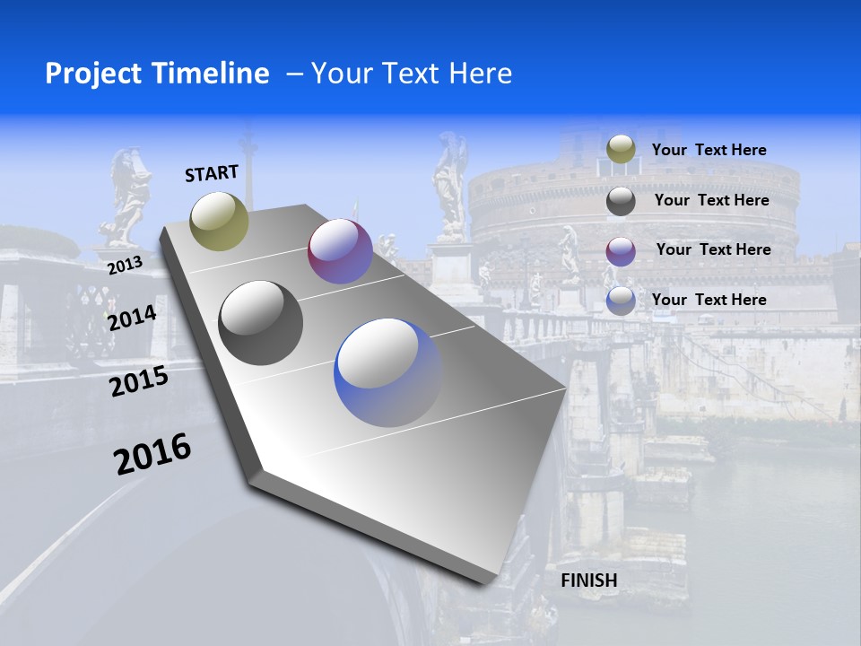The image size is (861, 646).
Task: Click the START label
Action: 212,172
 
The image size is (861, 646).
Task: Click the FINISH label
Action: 589,581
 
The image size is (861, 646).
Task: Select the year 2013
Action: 125,266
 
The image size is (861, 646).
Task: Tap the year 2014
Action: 132,318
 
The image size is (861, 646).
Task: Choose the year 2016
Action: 152,454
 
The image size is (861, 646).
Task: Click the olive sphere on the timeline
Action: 219,221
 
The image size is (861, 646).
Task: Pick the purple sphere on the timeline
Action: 340,251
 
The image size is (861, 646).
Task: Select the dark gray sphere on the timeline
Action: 261,323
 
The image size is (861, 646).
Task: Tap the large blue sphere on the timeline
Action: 387,372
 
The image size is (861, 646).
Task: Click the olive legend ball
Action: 621,150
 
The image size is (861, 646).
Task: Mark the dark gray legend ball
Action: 621,201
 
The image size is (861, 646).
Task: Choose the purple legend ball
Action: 621,251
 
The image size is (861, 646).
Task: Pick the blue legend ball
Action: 621,301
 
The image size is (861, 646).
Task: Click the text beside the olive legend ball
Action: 709,150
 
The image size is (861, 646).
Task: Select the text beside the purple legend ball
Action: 713,249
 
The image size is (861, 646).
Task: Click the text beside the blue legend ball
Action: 709,300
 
